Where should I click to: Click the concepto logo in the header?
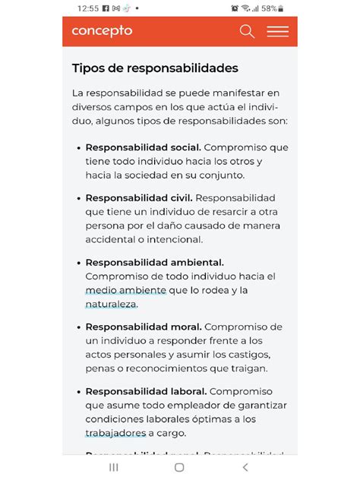(102, 31)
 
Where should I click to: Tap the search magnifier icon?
(247, 31)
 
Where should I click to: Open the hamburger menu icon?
(277, 32)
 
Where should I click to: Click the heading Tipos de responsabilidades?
(155, 68)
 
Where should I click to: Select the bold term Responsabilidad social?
(143, 147)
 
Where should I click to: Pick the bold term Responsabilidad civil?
(139, 198)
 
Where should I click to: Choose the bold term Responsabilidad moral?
(143, 327)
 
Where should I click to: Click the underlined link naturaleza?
(111, 304)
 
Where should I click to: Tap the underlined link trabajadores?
(115, 433)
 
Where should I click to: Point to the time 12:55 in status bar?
(89, 8)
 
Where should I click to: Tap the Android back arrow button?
(245, 467)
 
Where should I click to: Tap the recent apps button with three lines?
(114, 467)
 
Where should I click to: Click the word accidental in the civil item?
(112, 239)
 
